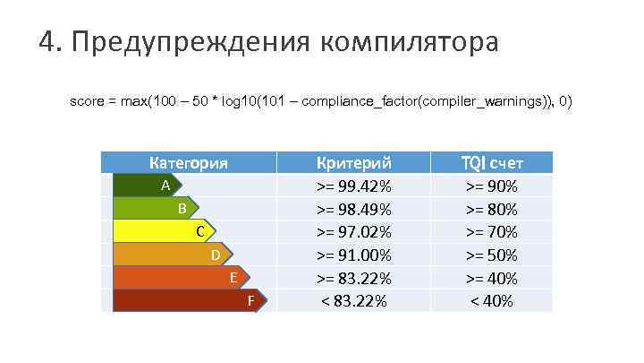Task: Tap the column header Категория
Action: [188, 163]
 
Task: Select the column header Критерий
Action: [355, 163]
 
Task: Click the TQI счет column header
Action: [492, 163]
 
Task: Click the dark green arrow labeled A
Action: [148, 186]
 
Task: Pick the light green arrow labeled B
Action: [157, 209]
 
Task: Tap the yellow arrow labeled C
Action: [165, 232]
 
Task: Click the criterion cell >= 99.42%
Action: [354, 186]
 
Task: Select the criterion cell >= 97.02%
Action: [354, 232]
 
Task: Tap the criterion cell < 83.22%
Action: [354, 301]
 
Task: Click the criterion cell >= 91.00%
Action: [354, 255]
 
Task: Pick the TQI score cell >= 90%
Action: [492, 186]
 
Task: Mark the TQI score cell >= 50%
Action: [492, 255]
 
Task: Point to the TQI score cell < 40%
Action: [492, 301]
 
